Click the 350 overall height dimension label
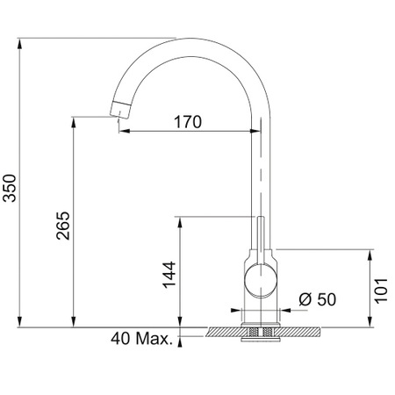click(x=10, y=188)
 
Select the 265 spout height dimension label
click(x=63, y=226)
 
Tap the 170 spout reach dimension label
click(x=188, y=122)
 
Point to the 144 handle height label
click(x=169, y=275)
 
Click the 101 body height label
click(x=382, y=291)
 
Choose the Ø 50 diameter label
click(x=318, y=299)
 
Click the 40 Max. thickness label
click(x=141, y=339)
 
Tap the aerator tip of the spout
click(x=120, y=110)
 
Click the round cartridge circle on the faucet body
click(x=260, y=280)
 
